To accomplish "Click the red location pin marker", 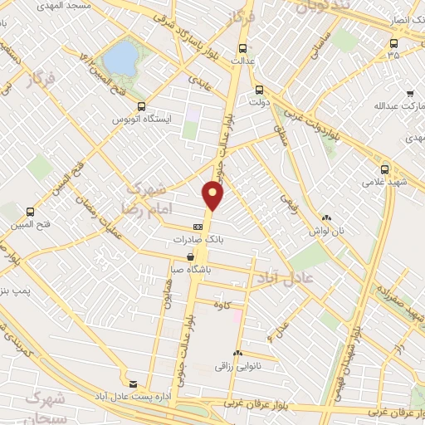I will click(214, 195).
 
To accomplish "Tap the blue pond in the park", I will click(122, 57).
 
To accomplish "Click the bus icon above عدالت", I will click(242, 48).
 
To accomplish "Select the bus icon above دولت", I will click(259, 90).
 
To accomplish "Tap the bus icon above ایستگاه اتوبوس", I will click(141, 106).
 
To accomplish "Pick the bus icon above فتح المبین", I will click(31, 212).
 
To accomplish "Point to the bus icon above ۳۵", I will click(392, 43).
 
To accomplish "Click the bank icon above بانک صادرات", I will click(198, 227).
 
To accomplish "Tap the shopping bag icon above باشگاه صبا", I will click(192, 256).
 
